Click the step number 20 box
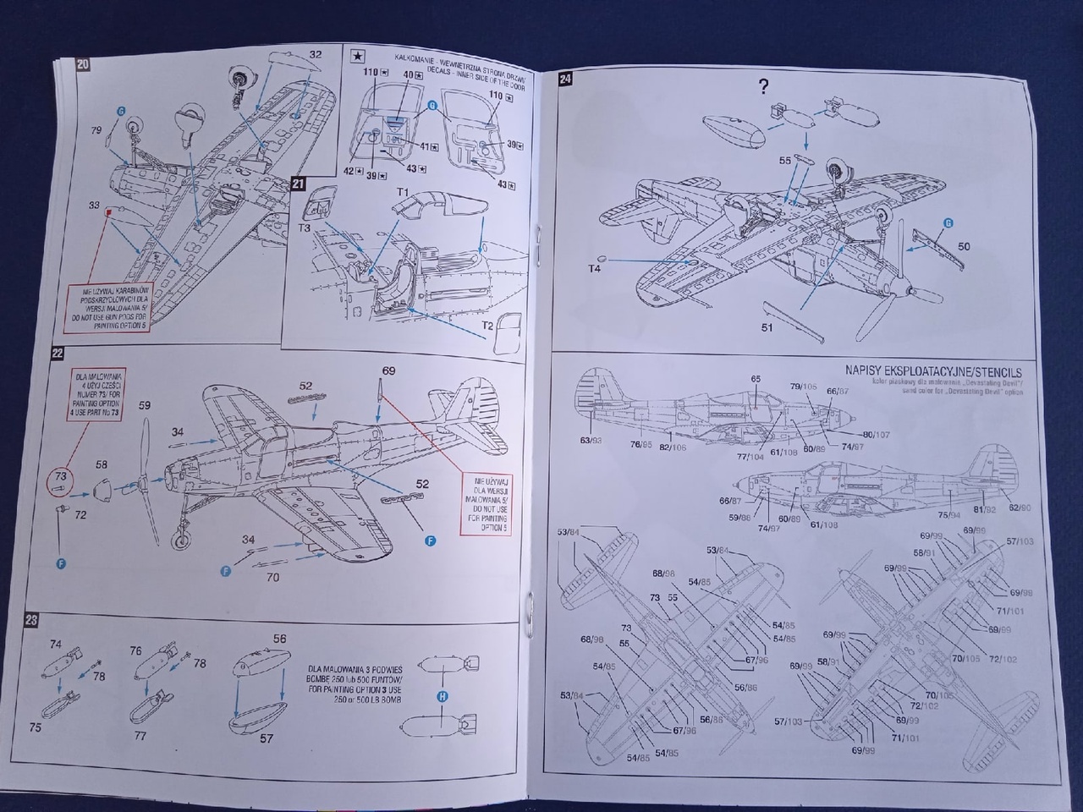(x=82, y=66)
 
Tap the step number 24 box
(x=565, y=80)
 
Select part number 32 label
(x=315, y=55)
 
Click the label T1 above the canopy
(x=403, y=193)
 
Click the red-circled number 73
(x=60, y=477)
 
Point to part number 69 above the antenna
(x=388, y=370)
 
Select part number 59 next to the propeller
(x=145, y=405)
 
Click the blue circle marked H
(x=441, y=697)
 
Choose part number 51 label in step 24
(x=767, y=326)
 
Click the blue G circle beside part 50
(x=948, y=222)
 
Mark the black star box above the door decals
(x=358, y=57)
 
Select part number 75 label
(x=36, y=727)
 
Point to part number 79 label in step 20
(x=96, y=130)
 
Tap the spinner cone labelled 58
(x=101, y=489)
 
